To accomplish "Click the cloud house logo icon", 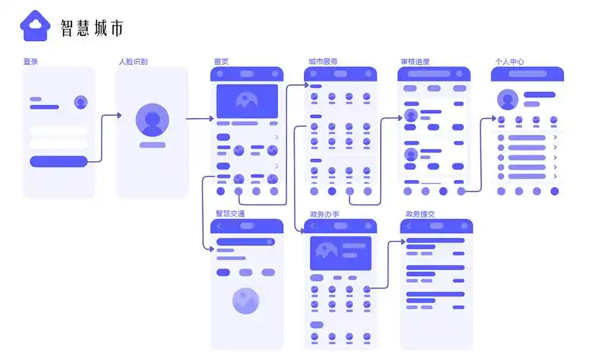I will tap(35, 27).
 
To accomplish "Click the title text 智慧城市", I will tap(91, 28).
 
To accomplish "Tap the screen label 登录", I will tap(30, 62).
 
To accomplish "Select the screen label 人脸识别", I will tap(133, 62).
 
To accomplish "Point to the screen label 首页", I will tap(221, 62).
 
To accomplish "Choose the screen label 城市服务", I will tap(323, 62).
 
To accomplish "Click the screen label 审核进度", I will tap(415, 62).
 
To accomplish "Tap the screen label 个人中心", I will tap(509, 62).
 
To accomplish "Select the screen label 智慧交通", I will tap(230, 214).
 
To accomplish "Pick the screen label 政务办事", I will tap(324, 214).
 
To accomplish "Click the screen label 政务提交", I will tap(420, 214).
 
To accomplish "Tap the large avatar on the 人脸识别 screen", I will tap(152, 120).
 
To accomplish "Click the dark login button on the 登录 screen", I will tap(58, 161).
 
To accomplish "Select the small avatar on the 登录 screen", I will tap(81, 102).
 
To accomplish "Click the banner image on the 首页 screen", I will tap(247, 101).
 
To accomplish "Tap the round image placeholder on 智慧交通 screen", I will tap(246, 300).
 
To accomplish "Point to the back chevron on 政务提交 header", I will tap(409, 226).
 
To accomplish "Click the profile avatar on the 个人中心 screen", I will tap(508, 99).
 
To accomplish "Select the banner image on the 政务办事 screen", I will tap(341, 253).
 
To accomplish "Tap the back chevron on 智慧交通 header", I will tap(220, 226).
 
